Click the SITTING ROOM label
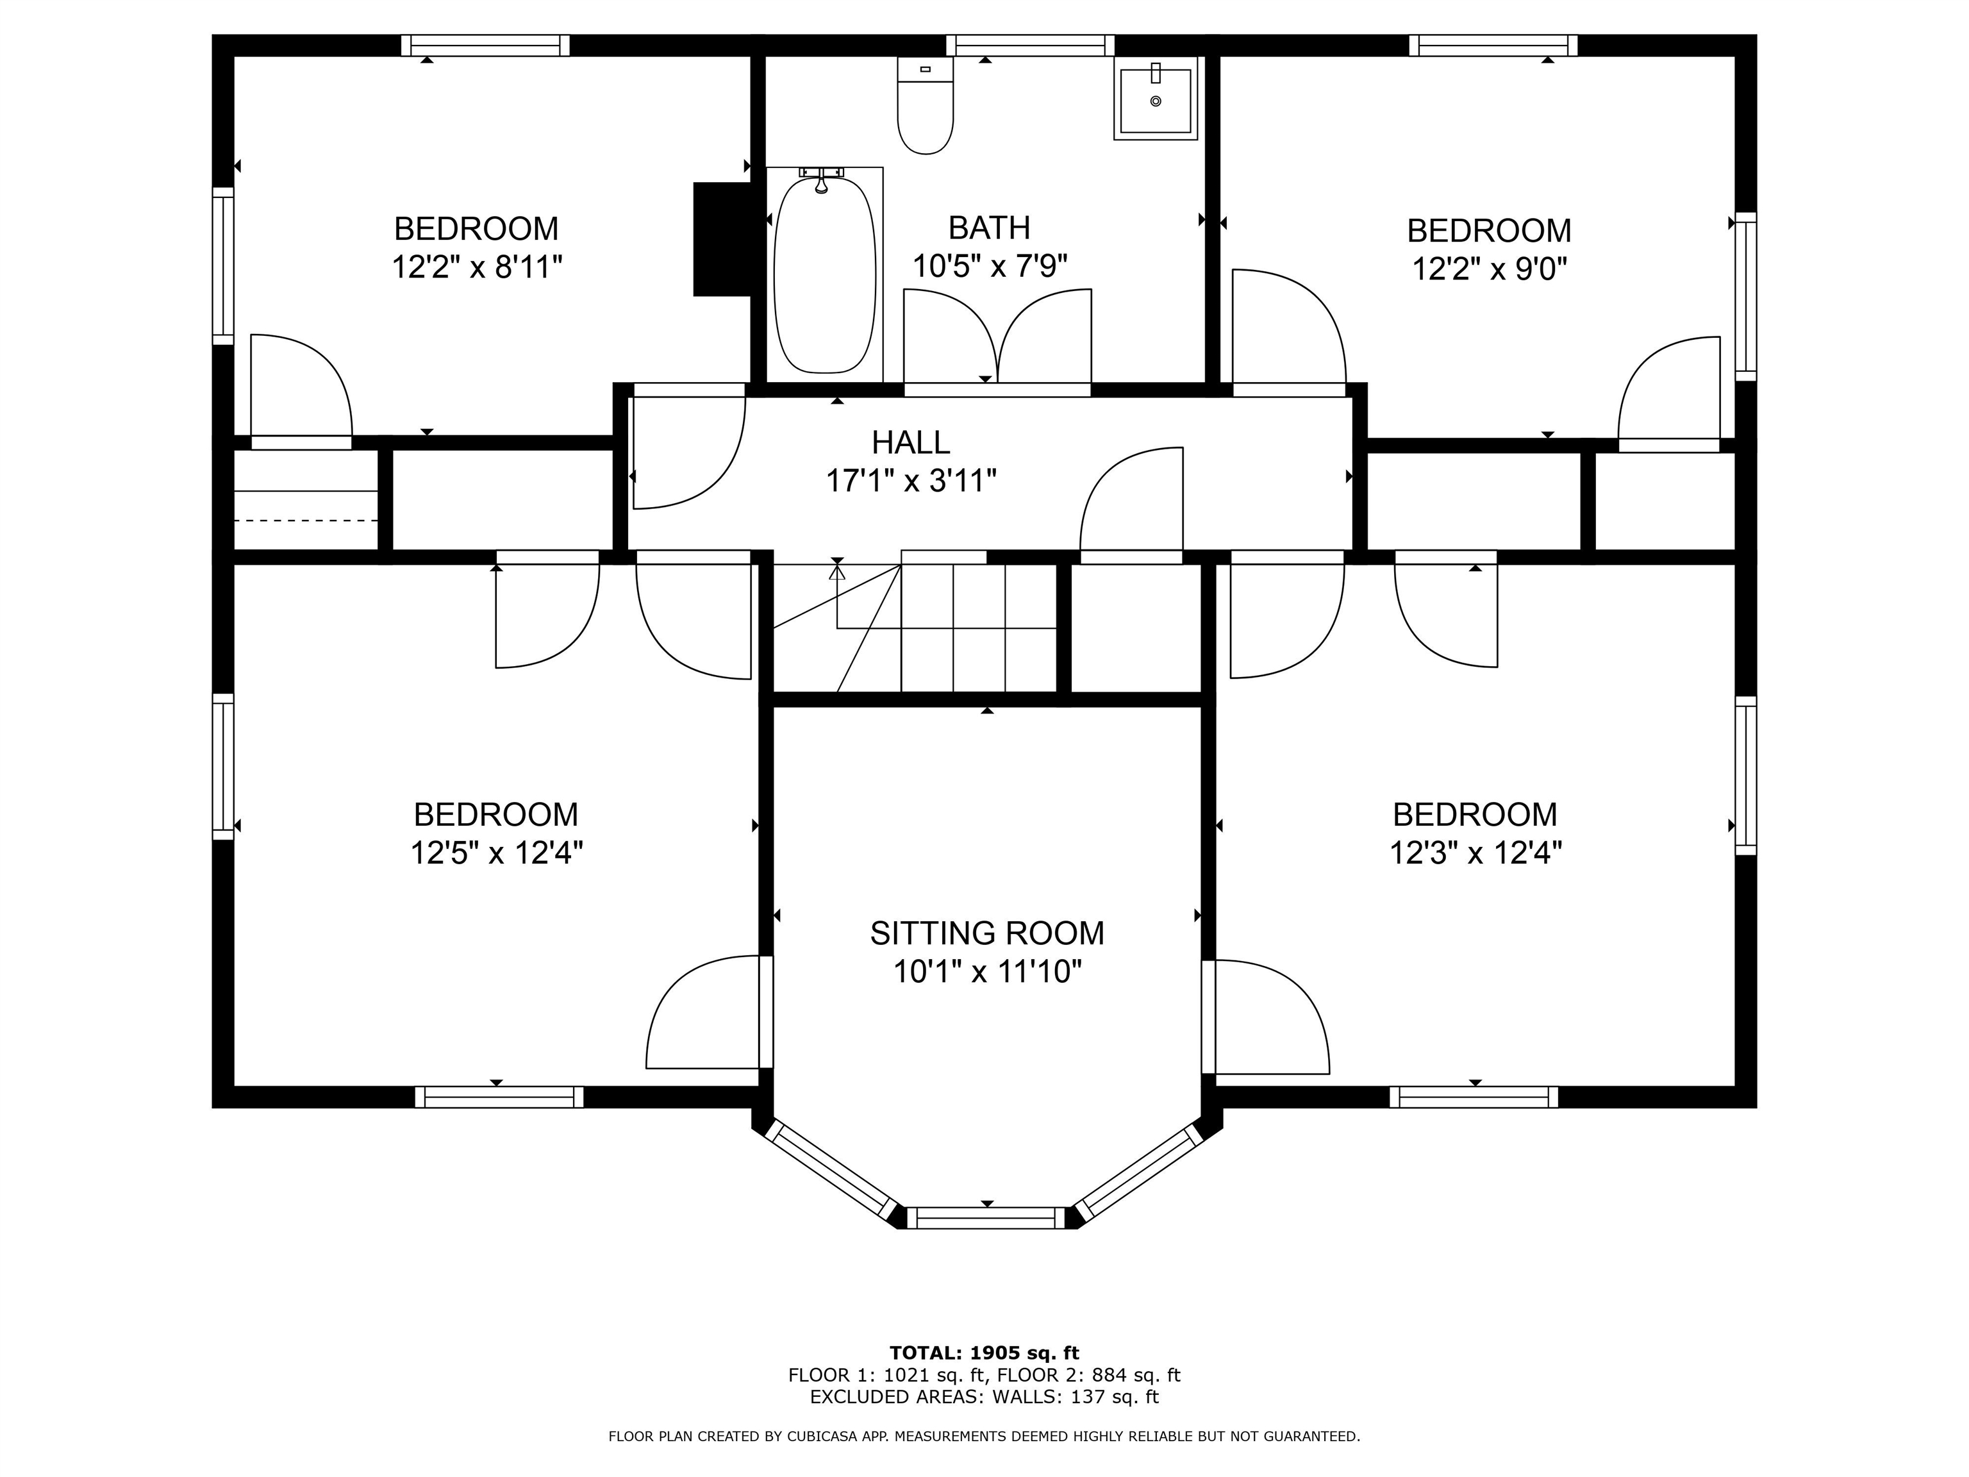pos(986,933)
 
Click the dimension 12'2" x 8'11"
pos(477,267)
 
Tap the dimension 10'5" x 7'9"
pos(989,265)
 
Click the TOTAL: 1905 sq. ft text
pos(984,1353)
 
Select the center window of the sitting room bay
pos(985,1218)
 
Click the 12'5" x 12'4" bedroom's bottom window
pos(499,1097)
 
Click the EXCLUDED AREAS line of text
pos(984,1397)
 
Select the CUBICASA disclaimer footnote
pos(984,1436)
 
